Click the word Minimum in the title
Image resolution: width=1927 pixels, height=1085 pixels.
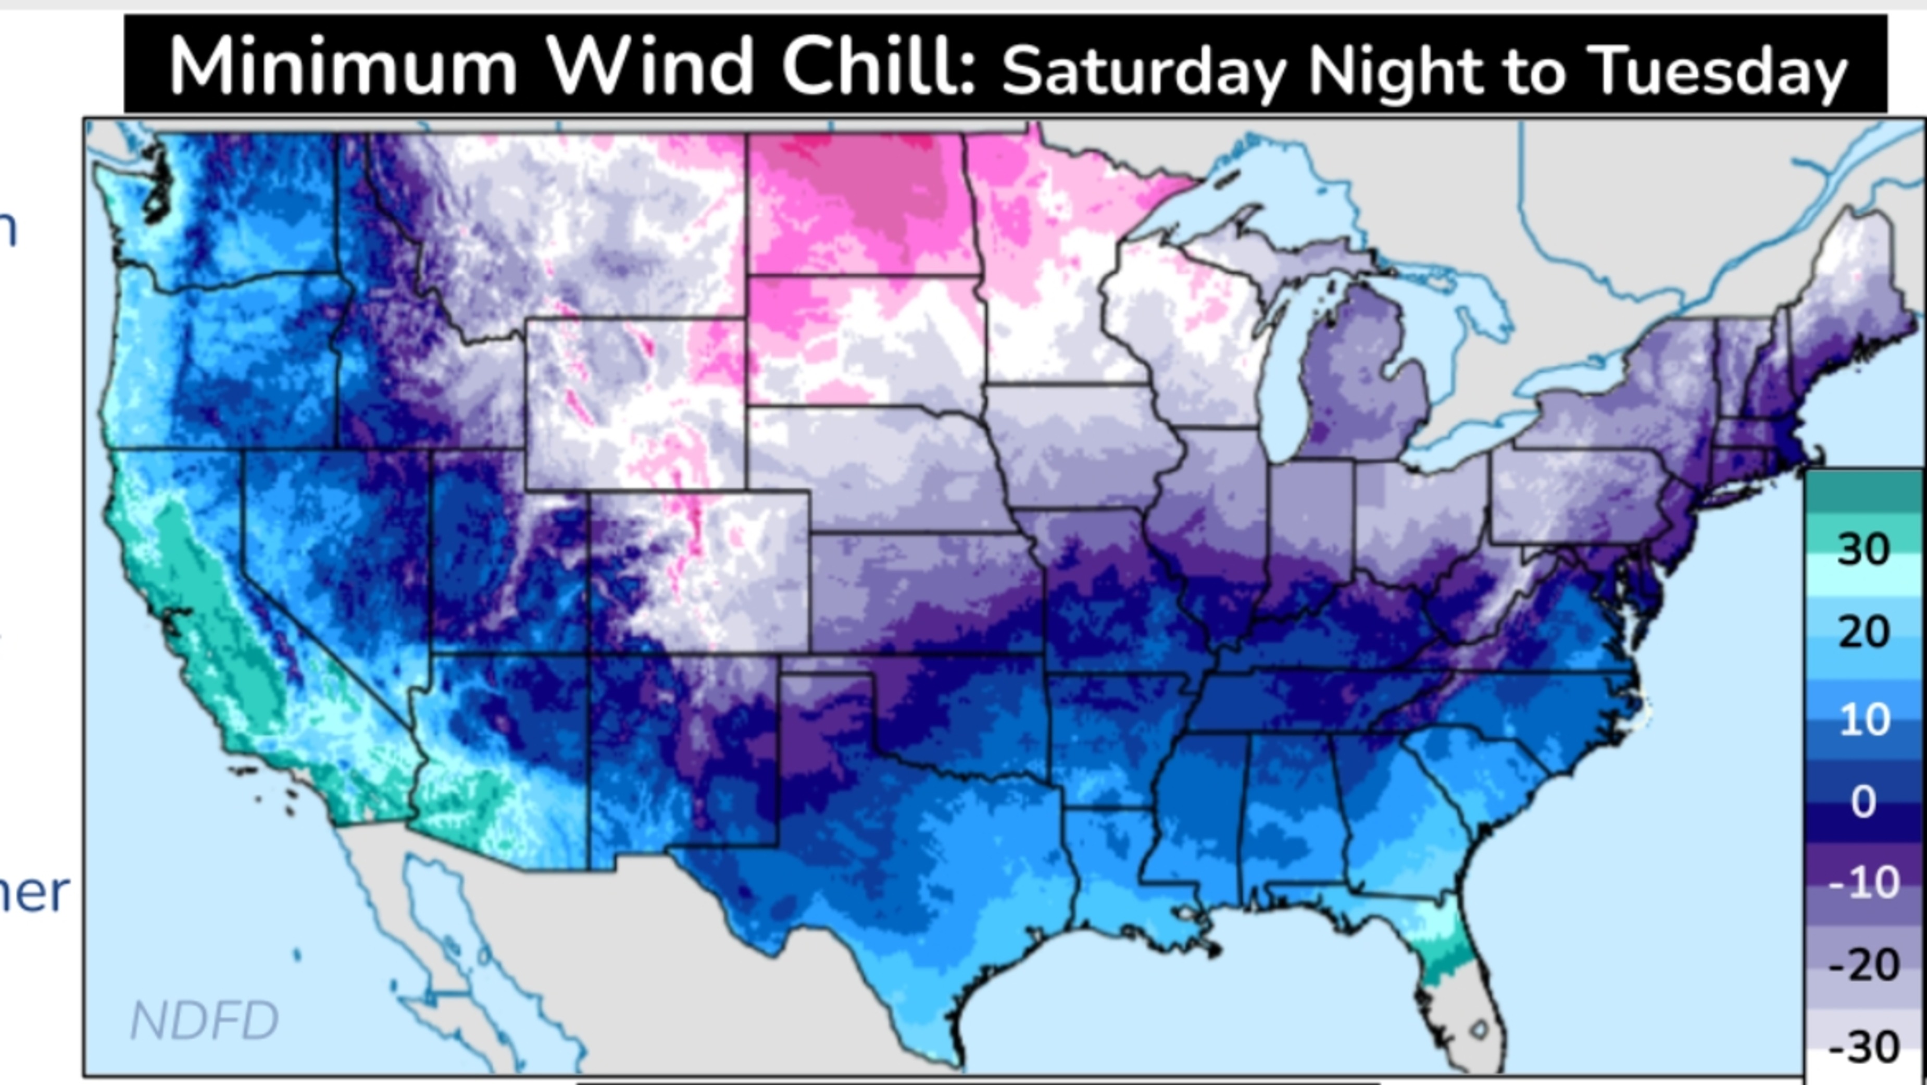point(343,67)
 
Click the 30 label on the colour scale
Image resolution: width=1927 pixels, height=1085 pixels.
point(1862,550)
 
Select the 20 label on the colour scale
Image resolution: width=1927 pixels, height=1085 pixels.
point(1862,632)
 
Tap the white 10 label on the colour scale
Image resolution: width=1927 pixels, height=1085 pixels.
point(1862,720)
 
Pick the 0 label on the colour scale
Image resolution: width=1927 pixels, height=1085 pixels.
point(1862,802)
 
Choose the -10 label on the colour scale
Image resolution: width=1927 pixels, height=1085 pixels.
point(1862,883)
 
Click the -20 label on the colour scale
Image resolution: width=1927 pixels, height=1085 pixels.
point(1862,965)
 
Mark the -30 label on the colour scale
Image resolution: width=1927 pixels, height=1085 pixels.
point(1862,1047)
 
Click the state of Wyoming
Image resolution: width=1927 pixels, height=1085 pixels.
point(636,404)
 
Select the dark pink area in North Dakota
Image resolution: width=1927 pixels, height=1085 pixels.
point(860,187)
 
